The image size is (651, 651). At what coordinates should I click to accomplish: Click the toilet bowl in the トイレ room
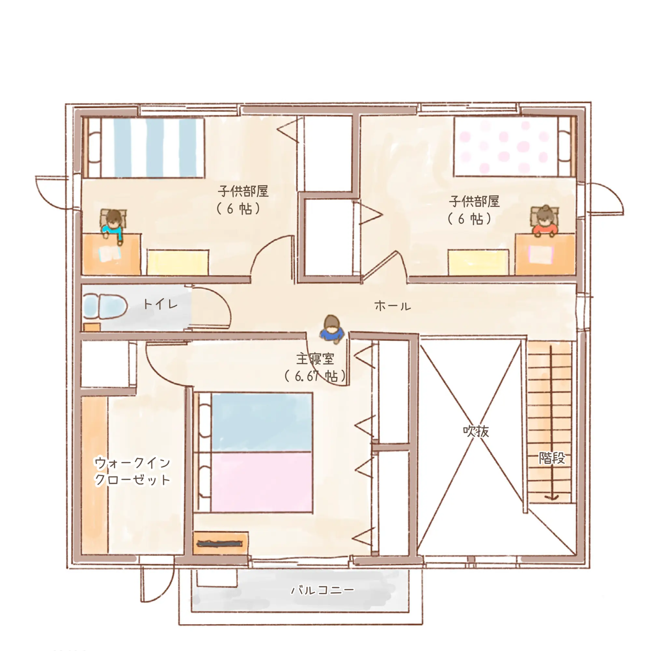(105, 306)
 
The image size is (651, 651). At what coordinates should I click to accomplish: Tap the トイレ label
(160, 304)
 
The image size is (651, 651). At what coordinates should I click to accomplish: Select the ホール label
(393, 306)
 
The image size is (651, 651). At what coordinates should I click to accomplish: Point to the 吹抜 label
(476, 431)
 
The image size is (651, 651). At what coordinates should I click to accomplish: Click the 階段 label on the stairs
(552, 458)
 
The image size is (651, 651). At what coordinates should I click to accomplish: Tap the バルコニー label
(323, 590)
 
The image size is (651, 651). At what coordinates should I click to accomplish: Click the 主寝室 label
(315, 359)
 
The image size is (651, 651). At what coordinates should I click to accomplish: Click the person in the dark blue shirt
(332, 330)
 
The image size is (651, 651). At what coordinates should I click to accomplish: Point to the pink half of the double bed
(261, 482)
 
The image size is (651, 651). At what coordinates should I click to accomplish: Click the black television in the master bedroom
(220, 543)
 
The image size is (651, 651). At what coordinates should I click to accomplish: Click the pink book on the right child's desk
(541, 255)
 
